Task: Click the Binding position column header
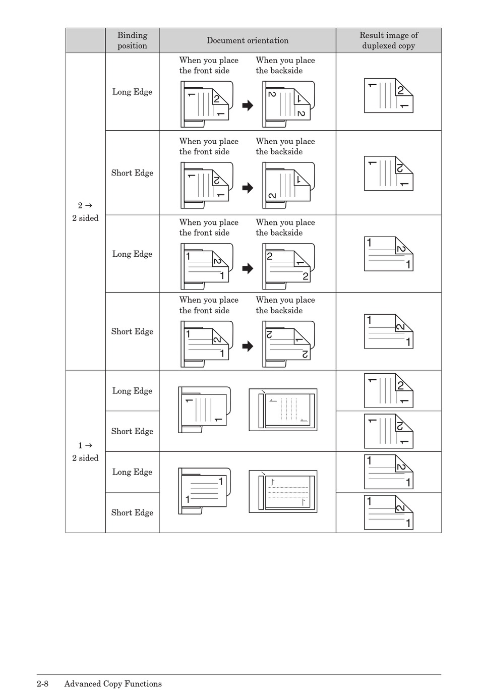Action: (132, 40)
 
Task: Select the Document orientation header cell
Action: (247, 40)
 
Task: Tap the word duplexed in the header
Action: (379, 46)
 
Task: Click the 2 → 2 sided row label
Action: (85, 212)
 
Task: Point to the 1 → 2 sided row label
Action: (85, 451)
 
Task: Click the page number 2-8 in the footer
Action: (42, 684)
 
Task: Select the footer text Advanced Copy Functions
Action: (113, 684)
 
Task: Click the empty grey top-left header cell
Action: (85, 40)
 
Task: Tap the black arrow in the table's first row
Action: (248, 105)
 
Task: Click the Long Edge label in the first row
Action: (132, 92)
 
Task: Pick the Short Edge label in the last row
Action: (132, 512)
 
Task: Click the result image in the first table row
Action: (389, 95)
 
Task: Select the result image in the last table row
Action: (389, 512)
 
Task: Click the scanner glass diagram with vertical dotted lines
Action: (283, 410)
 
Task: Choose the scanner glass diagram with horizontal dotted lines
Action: (283, 491)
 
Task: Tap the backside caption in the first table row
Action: (285, 66)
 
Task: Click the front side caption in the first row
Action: (209, 66)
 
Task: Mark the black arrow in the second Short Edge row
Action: (248, 346)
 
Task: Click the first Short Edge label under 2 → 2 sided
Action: (132, 173)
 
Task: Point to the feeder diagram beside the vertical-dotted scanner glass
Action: (204, 410)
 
